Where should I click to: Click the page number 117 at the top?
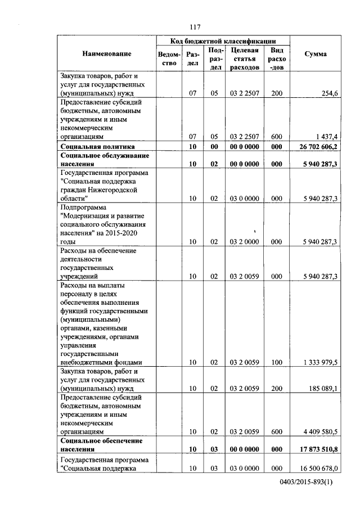195,27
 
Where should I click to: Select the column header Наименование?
107,54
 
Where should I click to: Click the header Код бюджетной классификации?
223,41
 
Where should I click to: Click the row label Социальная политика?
93,147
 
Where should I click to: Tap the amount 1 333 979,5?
318,363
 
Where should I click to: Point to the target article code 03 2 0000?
245,242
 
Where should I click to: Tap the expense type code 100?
276,363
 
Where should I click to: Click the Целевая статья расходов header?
245,58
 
